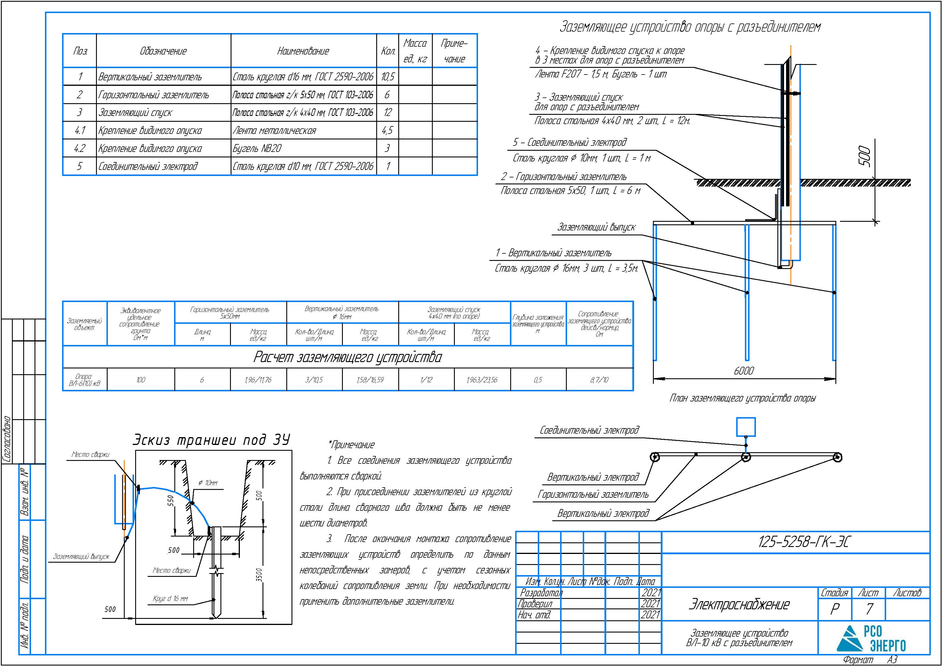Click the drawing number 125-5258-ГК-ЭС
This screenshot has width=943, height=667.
click(x=803, y=542)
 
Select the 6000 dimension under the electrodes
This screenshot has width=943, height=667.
click(x=744, y=371)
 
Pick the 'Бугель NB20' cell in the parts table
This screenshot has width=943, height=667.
click(x=257, y=148)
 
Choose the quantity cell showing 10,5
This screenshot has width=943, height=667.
click(x=388, y=77)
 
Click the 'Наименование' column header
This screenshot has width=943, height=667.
click(x=303, y=51)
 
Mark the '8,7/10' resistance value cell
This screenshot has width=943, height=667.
click(x=600, y=380)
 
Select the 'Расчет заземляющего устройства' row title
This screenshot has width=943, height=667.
click(x=347, y=357)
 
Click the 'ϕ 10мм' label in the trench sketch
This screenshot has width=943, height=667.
click(x=208, y=483)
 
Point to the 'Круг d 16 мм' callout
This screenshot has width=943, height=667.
click(x=170, y=599)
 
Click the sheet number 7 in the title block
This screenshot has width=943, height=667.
click(x=869, y=609)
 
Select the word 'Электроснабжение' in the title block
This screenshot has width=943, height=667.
click(x=739, y=605)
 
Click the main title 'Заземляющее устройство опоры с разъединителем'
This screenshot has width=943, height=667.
click(x=690, y=27)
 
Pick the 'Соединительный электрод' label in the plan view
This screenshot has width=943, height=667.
click(x=589, y=430)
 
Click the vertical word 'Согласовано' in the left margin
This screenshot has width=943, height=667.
click(x=7, y=439)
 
